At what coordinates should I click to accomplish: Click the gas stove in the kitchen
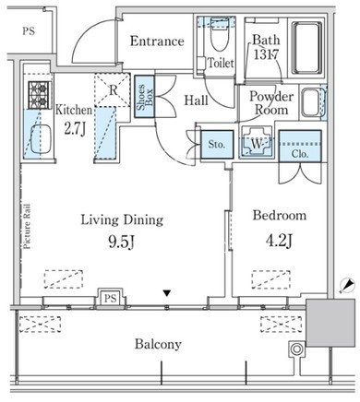[39, 95]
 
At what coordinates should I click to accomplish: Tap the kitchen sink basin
[41, 139]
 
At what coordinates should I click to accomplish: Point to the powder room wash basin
[311, 101]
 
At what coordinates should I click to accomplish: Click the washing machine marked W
[257, 143]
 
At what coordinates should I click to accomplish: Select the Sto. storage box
[217, 145]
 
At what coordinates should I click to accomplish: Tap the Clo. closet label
[300, 154]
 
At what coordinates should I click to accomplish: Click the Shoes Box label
[145, 97]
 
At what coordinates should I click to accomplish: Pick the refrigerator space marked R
[112, 89]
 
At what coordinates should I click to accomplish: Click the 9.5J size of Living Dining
[122, 242]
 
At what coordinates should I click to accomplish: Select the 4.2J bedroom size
[279, 241]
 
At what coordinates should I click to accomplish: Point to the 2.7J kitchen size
[75, 129]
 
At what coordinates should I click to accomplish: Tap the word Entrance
[157, 41]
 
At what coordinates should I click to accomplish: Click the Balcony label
[158, 344]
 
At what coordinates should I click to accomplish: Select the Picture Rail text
[27, 226]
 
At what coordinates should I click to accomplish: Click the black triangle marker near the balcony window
[166, 293]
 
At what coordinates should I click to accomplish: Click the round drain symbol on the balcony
[296, 349]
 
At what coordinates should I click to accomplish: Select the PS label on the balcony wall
[110, 298]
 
